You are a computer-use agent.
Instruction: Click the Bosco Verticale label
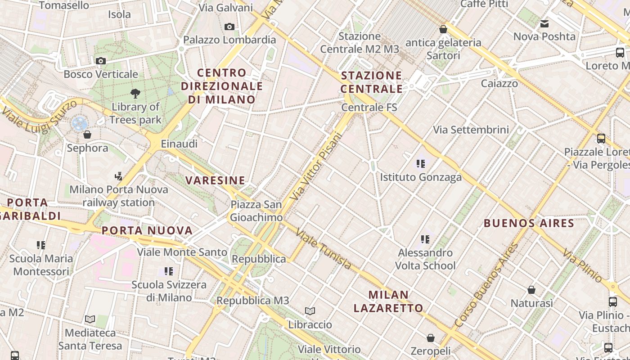click(x=101, y=74)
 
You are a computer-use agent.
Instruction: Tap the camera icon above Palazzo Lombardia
click(x=229, y=27)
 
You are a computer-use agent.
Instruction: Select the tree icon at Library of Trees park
click(x=135, y=94)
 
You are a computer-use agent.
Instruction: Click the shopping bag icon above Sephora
click(x=87, y=135)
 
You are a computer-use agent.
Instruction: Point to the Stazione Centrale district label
click(x=372, y=82)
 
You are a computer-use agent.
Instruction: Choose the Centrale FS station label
click(x=369, y=108)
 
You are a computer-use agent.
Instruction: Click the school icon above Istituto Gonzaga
click(x=421, y=164)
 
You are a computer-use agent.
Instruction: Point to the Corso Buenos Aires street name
click(x=487, y=284)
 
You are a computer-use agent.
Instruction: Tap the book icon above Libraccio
click(x=310, y=311)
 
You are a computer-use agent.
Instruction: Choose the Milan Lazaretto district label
click(x=388, y=301)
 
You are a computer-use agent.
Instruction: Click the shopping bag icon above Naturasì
click(x=531, y=290)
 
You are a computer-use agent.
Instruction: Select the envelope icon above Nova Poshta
click(x=544, y=24)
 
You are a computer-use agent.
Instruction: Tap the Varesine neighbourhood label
click(x=216, y=181)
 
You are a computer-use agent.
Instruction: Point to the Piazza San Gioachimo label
click(x=256, y=211)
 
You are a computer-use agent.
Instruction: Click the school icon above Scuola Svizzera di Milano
click(x=169, y=271)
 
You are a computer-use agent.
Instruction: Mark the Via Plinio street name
click(x=582, y=265)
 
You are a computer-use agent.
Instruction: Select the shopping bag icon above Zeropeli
click(x=431, y=338)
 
